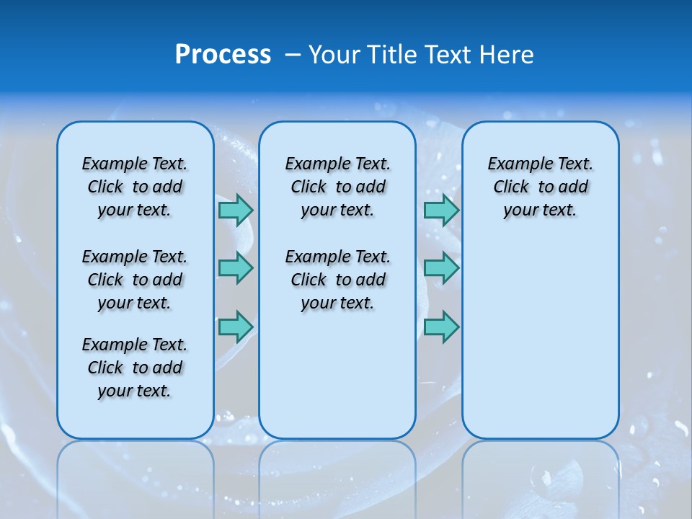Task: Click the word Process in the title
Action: point(223,55)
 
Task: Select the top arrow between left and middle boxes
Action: point(236,210)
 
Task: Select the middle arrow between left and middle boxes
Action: point(236,268)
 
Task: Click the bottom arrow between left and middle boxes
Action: point(236,327)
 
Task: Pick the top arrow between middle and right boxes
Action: point(441,210)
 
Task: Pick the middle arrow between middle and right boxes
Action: point(441,268)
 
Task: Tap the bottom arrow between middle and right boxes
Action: point(441,327)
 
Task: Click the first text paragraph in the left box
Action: point(135,187)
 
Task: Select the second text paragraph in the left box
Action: point(135,280)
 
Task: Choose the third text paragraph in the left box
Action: point(135,368)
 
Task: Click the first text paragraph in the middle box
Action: point(338,187)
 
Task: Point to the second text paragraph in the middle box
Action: point(338,280)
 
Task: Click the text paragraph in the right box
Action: point(541,187)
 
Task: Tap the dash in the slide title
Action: point(293,56)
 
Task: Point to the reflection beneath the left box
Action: point(136,476)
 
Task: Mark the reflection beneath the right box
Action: point(541,476)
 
